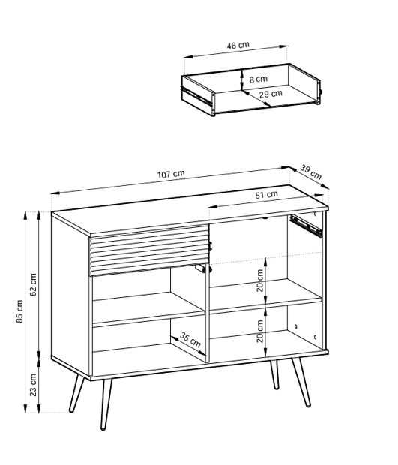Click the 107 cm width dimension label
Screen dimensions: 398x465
click(x=171, y=174)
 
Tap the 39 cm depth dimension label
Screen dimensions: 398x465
click(x=311, y=172)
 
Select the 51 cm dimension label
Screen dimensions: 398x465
click(x=266, y=195)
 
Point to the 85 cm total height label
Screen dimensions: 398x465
click(x=19, y=311)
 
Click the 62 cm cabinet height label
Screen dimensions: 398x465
click(x=33, y=284)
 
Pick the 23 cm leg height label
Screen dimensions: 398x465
click(x=33, y=385)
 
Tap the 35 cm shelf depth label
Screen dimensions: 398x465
click(x=190, y=340)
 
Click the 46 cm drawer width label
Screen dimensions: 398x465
click(x=238, y=46)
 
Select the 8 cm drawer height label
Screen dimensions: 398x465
click(x=258, y=79)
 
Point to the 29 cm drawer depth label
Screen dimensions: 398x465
click(x=271, y=94)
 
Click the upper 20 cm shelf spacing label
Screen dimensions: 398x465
click(x=260, y=280)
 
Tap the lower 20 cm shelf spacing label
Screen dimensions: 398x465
click(x=260, y=331)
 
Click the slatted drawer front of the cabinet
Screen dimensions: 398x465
click(x=149, y=250)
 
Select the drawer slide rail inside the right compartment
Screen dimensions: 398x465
click(x=306, y=226)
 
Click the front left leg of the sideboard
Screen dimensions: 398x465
click(x=106, y=404)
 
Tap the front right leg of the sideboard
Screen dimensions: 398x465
click(x=301, y=382)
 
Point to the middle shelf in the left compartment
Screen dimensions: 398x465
click(x=148, y=309)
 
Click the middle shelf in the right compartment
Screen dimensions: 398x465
click(x=265, y=295)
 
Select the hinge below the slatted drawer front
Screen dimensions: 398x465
click(x=201, y=268)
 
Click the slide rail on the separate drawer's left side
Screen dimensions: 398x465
click(x=196, y=95)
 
